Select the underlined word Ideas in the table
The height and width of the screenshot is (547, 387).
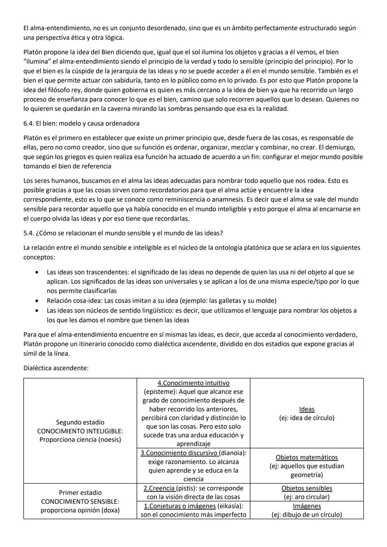click(307, 409)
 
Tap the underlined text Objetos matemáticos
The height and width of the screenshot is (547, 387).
click(307, 457)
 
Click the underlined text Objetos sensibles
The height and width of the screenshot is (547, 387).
click(307, 488)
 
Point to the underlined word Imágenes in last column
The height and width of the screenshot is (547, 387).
click(307, 506)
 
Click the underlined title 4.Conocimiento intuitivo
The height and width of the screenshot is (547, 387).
click(193, 383)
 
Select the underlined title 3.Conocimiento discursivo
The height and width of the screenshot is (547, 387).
click(179, 453)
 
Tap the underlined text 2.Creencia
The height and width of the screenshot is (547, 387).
click(159, 488)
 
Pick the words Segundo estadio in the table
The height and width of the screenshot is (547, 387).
click(80, 422)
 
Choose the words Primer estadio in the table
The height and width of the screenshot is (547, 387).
click(80, 493)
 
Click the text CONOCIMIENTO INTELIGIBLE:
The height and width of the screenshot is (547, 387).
click(80, 431)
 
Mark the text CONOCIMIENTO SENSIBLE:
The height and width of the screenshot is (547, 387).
click(80, 502)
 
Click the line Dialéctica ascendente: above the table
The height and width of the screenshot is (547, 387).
click(56, 368)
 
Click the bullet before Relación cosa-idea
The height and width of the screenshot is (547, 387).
click(37, 301)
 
